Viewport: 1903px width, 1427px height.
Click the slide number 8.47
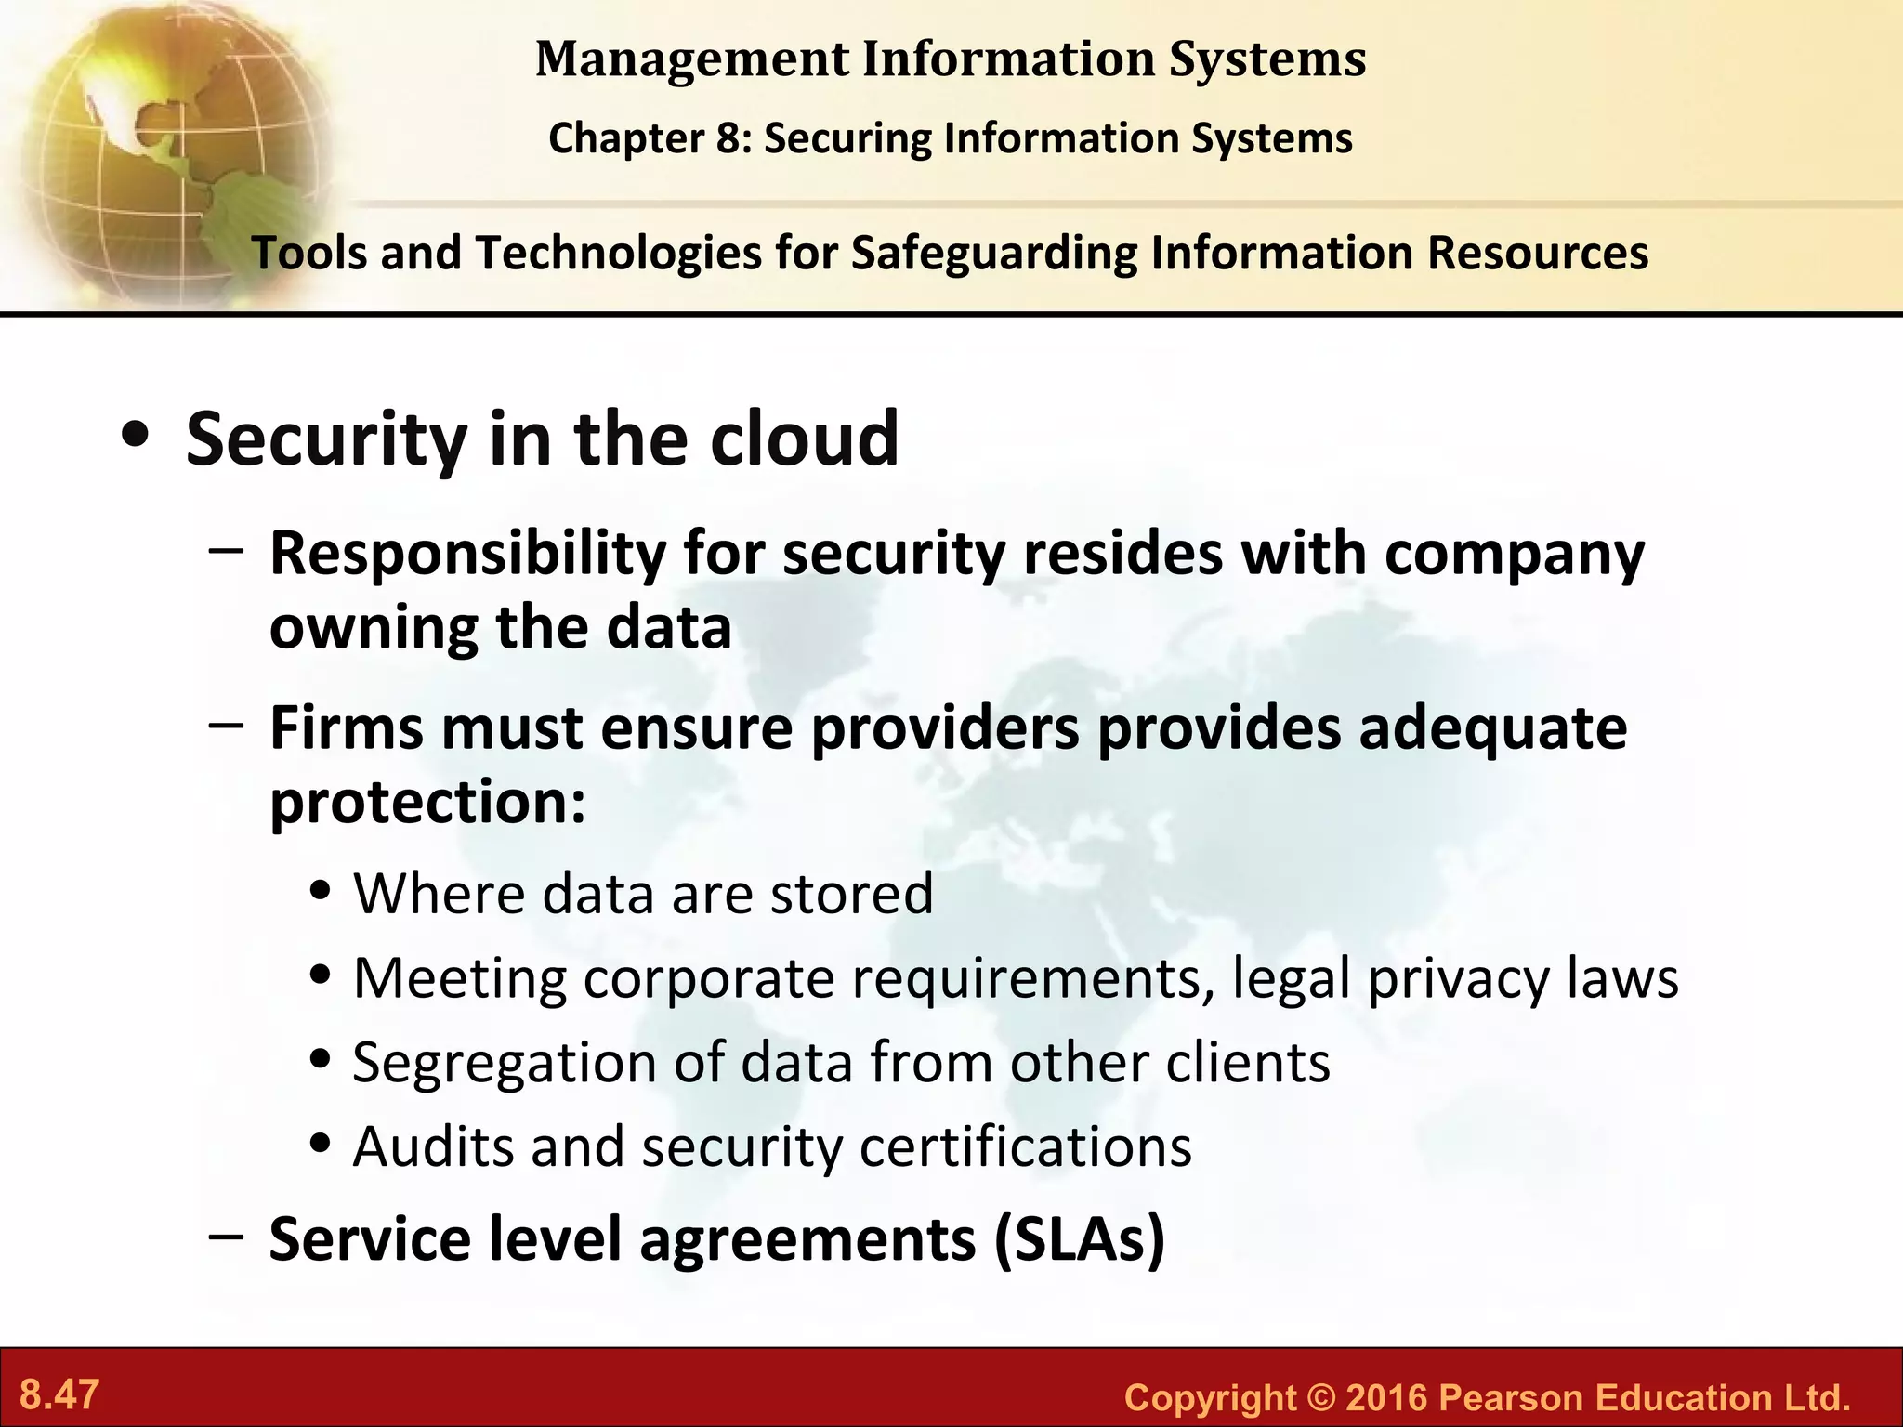[59, 1394]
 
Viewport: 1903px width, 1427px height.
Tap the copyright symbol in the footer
[1320, 1397]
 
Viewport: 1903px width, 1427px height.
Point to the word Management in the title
[692, 59]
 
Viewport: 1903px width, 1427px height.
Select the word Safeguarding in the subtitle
[993, 254]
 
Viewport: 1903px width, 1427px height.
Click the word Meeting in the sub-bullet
[460, 978]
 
